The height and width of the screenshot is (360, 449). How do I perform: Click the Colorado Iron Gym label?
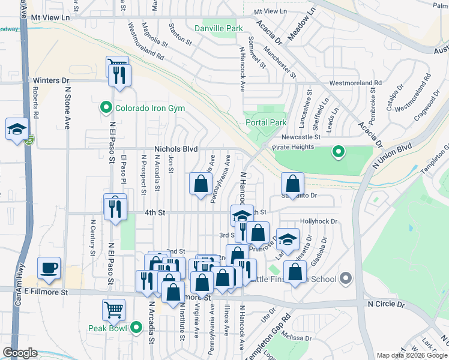tap(150, 109)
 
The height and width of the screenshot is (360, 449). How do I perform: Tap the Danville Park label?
tap(218, 28)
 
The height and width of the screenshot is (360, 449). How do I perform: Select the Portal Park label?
tap(266, 122)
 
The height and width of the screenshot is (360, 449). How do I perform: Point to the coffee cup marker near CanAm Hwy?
tap(49, 268)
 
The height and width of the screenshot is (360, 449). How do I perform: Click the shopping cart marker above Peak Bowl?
tap(113, 310)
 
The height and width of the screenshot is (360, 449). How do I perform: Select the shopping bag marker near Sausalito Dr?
tap(292, 184)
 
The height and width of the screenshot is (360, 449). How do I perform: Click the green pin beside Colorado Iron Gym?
tap(106, 108)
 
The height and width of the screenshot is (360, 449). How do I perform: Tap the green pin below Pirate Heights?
tap(339, 152)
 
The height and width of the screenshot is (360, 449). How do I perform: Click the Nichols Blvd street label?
tap(176, 149)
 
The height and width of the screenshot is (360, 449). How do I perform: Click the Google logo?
tap(20, 353)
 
